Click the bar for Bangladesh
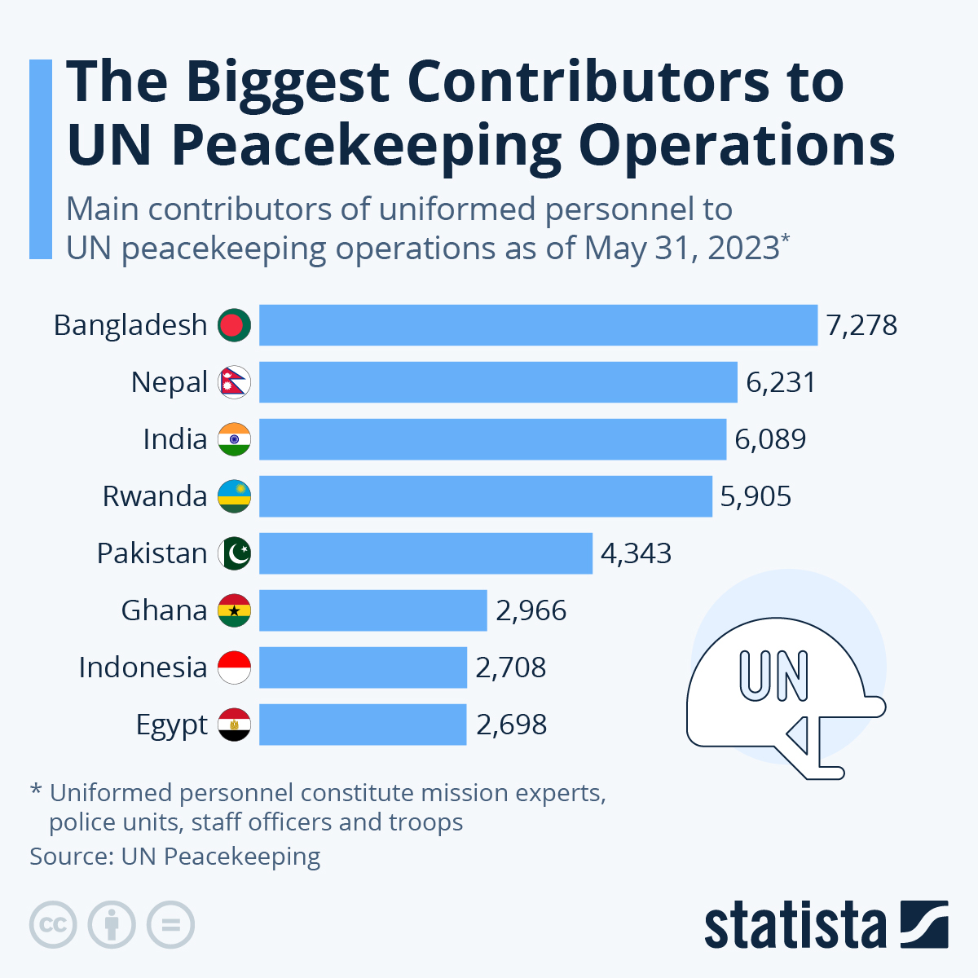click(x=538, y=325)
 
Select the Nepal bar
click(x=498, y=382)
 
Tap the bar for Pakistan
click(x=425, y=553)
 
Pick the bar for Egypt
click(x=363, y=725)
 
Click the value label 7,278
click(x=861, y=325)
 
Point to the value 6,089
click(x=770, y=439)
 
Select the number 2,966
click(x=531, y=610)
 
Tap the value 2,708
click(x=511, y=667)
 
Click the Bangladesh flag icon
click(x=235, y=325)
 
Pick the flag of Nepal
click(x=235, y=382)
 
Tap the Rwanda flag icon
click(x=235, y=496)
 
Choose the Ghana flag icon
click(x=235, y=610)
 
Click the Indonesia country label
click(x=143, y=667)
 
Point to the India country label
click(x=174, y=439)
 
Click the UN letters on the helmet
click(x=773, y=676)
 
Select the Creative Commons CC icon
click(x=53, y=925)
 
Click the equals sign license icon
click(x=171, y=925)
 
